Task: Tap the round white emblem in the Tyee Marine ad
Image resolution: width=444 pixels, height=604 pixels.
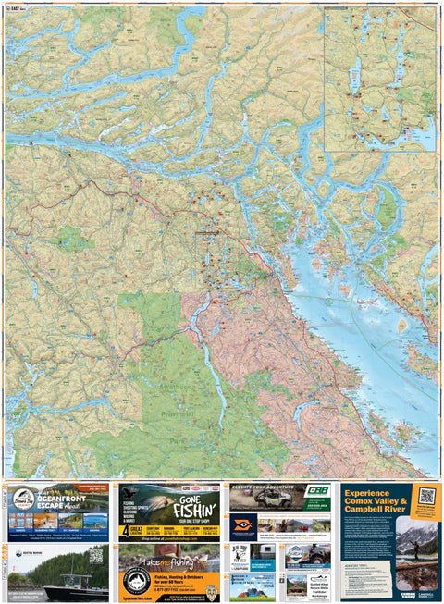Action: point(136,578)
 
